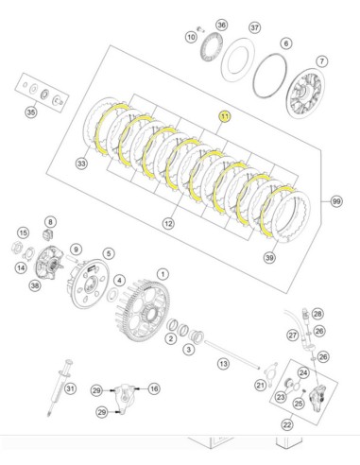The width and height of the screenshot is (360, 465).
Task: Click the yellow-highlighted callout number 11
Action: tap(225, 116)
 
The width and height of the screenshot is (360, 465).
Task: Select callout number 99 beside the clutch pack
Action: tap(336, 201)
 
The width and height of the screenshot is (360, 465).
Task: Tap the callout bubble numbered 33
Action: tap(81, 164)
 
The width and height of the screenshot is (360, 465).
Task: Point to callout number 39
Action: tap(269, 258)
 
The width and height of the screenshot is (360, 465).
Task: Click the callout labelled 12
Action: tap(168, 224)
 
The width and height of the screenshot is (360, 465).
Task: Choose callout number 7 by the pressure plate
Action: tap(322, 61)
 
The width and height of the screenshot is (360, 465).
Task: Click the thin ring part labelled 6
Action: tap(270, 76)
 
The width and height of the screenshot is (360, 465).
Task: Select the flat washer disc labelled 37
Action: tap(238, 60)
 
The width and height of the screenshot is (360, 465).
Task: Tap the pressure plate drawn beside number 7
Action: tap(305, 94)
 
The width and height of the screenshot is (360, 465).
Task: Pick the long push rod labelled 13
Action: tap(232, 355)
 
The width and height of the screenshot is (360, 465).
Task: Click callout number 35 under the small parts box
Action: tap(31, 112)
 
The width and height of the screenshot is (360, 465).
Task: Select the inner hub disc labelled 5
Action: tap(88, 284)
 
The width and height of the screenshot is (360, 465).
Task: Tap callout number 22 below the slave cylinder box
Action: tap(287, 424)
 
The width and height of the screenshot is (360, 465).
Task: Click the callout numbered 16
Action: tap(154, 388)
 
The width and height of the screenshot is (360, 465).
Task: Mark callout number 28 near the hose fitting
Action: tap(317, 314)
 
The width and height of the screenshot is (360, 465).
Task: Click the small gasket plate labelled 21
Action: tap(271, 374)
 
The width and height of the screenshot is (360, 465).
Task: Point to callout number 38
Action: tap(35, 285)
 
